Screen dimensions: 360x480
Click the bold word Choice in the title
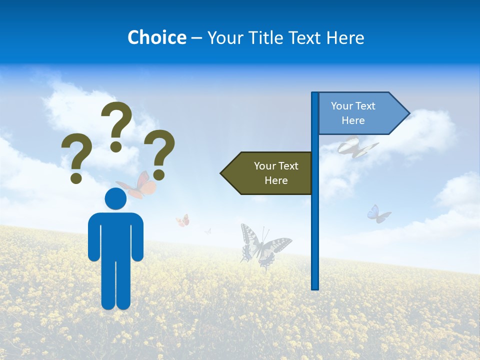(x=156, y=37)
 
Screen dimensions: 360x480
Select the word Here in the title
(x=345, y=37)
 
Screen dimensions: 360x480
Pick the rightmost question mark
(x=159, y=154)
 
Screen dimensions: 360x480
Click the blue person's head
(x=115, y=199)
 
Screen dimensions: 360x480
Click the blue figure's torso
(x=115, y=235)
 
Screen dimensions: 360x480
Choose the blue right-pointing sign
(x=357, y=113)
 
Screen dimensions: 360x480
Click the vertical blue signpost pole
(x=315, y=225)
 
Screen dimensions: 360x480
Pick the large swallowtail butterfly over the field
(x=262, y=246)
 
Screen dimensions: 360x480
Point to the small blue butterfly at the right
(x=378, y=214)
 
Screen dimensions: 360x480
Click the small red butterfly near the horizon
(x=183, y=220)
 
